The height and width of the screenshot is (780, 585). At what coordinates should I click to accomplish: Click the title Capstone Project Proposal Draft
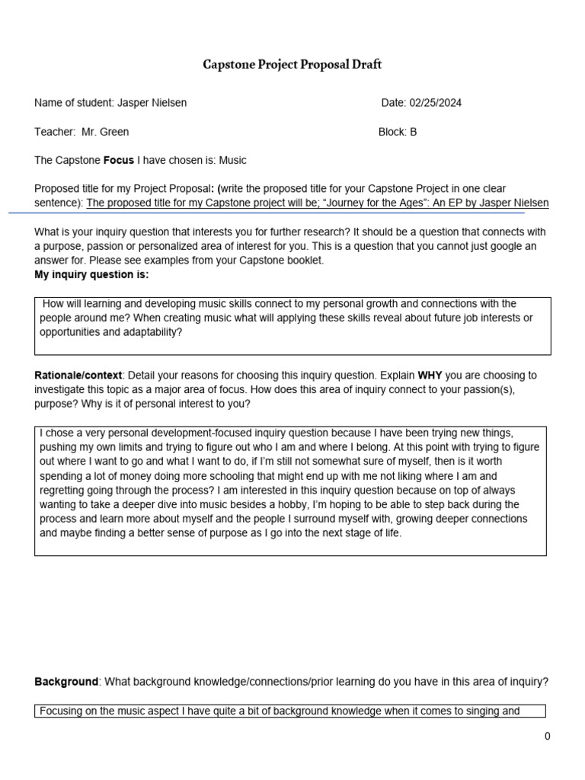click(x=292, y=65)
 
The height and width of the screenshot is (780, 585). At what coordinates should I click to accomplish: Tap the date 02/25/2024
click(x=436, y=103)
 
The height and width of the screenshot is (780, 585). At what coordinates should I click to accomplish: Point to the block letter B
click(x=414, y=132)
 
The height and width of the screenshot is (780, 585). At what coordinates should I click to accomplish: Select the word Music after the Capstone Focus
click(x=232, y=161)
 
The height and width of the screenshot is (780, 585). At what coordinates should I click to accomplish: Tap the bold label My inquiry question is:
click(x=92, y=274)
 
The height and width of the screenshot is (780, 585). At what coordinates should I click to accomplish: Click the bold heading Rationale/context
click(x=78, y=376)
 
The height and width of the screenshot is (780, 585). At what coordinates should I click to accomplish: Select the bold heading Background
click(x=66, y=682)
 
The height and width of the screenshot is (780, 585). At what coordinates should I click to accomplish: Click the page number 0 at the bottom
click(x=547, y=736)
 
